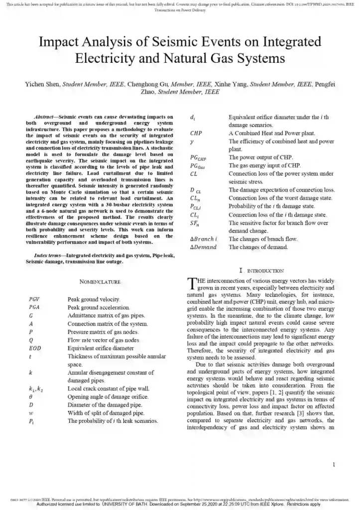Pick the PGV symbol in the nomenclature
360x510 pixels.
(x=34, y=299)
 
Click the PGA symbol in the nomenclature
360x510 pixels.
(x=34, y=308)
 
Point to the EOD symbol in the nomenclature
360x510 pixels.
(x=34, y=348)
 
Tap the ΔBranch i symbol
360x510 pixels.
(x=205, y=239)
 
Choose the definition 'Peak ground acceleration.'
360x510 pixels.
(x=99, y=308)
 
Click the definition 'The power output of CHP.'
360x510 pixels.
(x=260, y=157)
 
